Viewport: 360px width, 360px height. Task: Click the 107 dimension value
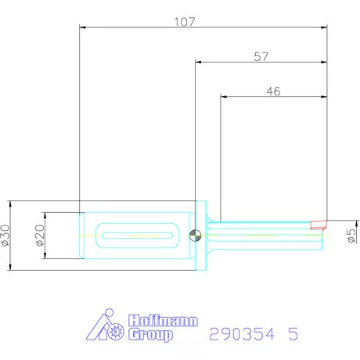coord(185,22)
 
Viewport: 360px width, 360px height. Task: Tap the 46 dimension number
coord(274,92)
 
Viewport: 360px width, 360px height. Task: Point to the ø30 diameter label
coord(5,235)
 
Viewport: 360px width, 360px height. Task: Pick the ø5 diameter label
coord(351,236)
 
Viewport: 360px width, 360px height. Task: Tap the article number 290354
coord(241,334)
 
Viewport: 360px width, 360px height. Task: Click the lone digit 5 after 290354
coord(293,334)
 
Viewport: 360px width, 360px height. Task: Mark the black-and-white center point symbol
coord(196,235)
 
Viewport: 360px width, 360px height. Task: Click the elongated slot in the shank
coord(137,235)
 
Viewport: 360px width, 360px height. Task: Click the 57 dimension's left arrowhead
coord(198,62)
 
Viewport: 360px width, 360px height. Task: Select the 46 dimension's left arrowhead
coord(225,96)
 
